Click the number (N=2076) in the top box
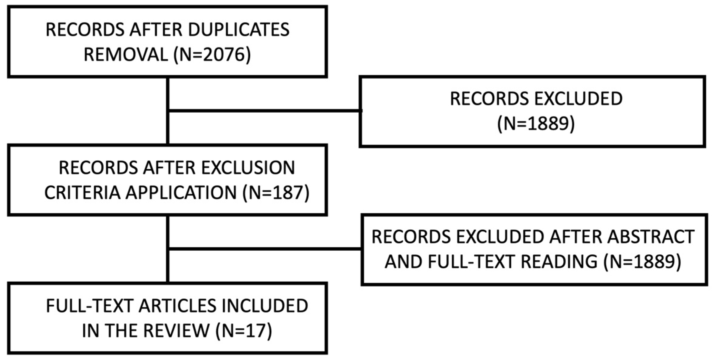[212, 55]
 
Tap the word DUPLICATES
[239, 30]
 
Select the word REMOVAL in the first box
[126, 55]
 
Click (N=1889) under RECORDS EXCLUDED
[536, 124]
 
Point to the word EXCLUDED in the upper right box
[578, 99]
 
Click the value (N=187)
[276, 193]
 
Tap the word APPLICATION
[181, 193]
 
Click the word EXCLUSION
[248, 168]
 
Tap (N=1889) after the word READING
[642, 262]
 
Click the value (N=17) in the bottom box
[244, 331]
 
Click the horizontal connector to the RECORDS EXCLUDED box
[263, 111]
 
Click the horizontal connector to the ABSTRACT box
[263, 249]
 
